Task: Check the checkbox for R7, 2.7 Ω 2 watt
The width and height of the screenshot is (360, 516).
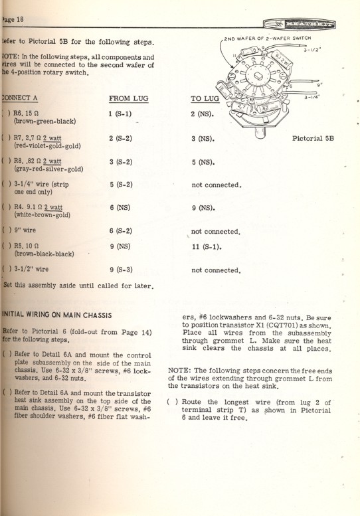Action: tap(6, 141)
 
